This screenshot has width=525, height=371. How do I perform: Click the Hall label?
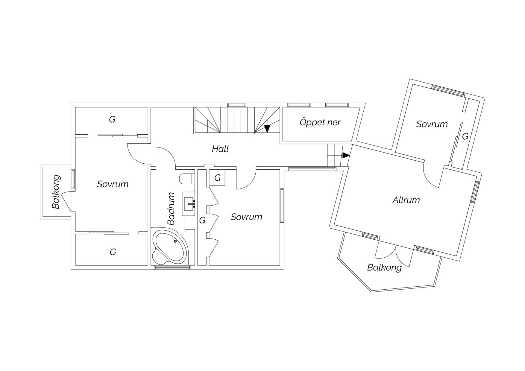[x=220, y=149]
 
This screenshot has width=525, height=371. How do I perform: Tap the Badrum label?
[x=171, y=209]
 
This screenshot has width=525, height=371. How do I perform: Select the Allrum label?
[x=406, y=200]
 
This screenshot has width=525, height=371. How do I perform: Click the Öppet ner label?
[x=320, y=122]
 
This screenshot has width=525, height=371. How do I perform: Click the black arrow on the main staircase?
[x=267, y=129]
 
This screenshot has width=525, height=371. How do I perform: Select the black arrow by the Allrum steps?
[x=346, y=155]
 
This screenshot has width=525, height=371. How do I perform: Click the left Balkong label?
[x=56, y=192]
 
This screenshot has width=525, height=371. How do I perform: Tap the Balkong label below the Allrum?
[x=384, y=267]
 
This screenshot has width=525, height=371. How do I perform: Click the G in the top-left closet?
[x=112, y=120]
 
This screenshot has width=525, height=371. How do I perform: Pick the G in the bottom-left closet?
[x=113, y=252]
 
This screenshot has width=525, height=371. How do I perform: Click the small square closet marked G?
[x=217, y=178]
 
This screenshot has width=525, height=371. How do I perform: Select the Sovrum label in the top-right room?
[x=432, y=124]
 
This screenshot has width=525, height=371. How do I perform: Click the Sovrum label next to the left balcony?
[x=113, y=184]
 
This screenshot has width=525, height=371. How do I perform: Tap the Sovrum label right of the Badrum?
[x=246, y=217]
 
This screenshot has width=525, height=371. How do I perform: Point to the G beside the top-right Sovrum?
[x=465, y=136]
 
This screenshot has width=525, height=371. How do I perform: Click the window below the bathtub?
[x=172, y=267]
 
